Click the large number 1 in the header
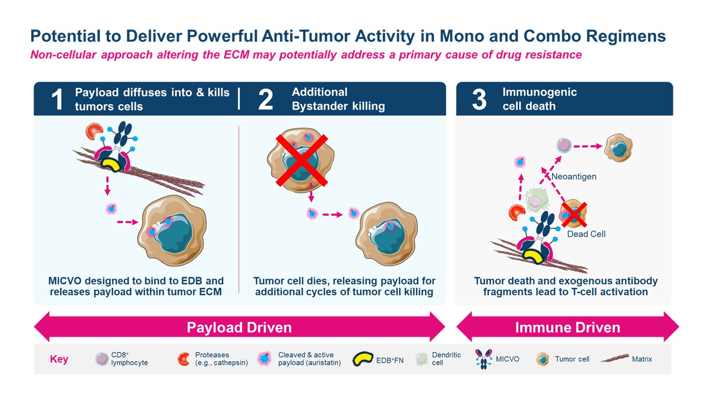[56, 99]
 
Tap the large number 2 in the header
[265, 99]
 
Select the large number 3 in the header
[479, 99]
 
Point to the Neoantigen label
[574, 177]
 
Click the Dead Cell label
[586, 234]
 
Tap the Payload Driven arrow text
[239, 328]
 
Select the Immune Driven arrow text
[568, 328]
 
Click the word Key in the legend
[59, 359]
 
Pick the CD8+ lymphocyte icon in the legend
[101, 359]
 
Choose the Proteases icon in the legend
[184, 359]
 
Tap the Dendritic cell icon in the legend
[422, 359]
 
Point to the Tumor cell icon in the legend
[543, 359]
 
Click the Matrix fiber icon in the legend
[619, 359]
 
